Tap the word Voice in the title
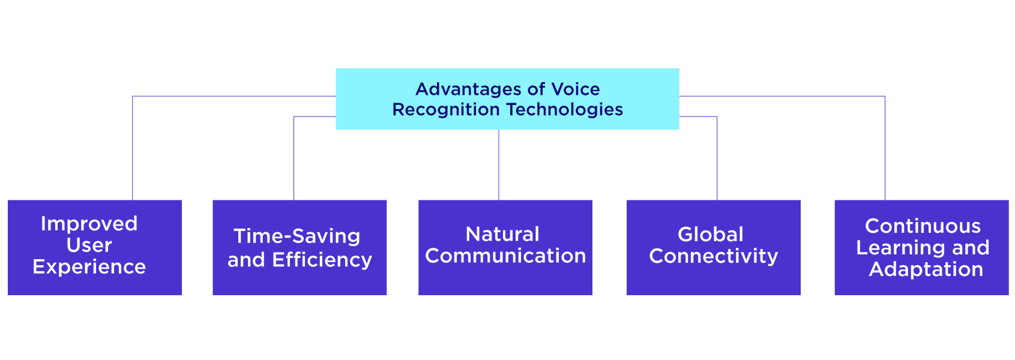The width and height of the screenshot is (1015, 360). coord(575,89)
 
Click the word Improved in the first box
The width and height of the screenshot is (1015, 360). coord(89,224)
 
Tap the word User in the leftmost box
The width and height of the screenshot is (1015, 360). coord(89,245)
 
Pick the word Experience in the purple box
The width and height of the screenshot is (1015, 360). coord(89,267)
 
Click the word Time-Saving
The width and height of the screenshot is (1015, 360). coord(297,236)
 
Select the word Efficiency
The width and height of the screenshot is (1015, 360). coord(322,260)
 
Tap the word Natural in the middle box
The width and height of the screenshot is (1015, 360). coord(502,234)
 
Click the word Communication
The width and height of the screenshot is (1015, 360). coord(505,256)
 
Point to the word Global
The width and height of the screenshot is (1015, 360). coord(710,235)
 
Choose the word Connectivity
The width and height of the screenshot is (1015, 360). coord(713,256)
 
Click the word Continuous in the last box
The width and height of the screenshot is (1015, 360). coord(923,226)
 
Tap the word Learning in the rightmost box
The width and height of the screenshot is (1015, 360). coord(900,248)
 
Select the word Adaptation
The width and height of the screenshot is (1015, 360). coord(926,269)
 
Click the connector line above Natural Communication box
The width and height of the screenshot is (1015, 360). coord(499,165)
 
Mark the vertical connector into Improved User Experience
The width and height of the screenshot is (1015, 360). coord(133,150)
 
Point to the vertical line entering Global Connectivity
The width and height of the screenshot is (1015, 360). coord(717,159)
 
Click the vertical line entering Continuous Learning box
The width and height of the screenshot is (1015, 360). coord(885,150)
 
